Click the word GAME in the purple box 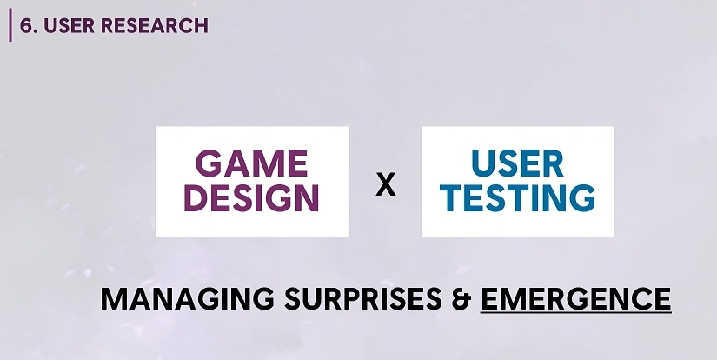251,163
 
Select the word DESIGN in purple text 251,198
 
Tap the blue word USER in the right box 517,163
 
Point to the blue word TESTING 517,198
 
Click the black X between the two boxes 386,185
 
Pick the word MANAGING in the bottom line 188,299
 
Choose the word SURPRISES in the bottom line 363,299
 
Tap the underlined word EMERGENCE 575,299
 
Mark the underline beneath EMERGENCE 575,312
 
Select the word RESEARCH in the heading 154,25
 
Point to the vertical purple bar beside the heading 10,25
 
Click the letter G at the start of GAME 208,163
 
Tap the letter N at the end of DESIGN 308,198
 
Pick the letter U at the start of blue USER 482,163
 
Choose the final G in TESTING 582,198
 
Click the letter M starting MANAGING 113,299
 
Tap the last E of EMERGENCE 662,299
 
